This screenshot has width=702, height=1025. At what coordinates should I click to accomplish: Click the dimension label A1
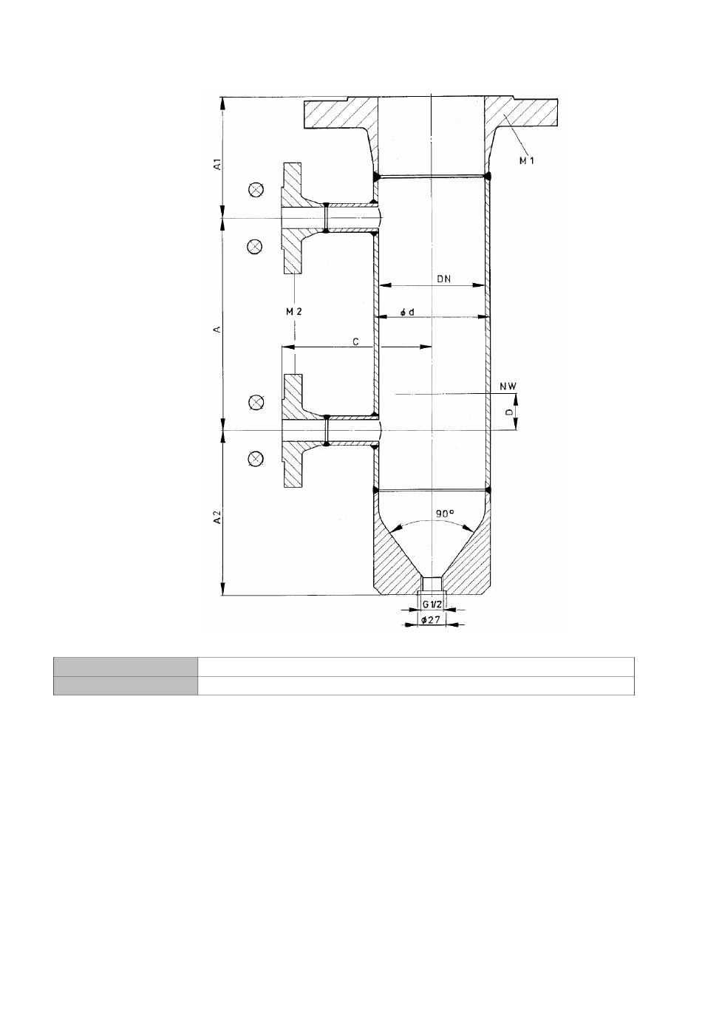coord(219,164)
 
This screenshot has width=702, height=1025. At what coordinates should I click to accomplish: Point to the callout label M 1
coord(527,160)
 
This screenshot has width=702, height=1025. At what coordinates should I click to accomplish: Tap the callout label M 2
coord(294,312)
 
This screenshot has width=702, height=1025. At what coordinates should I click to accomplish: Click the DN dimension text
coord(443,279)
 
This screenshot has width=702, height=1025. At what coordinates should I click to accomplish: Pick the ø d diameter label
coord(407,312)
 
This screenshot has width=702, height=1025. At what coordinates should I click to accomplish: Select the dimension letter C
coord(355,342)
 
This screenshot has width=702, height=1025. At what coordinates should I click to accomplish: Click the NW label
coord(508,386)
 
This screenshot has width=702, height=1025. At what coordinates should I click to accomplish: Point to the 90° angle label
coord(444,514)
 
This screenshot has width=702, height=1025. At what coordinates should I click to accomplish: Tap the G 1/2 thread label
coord(432,604)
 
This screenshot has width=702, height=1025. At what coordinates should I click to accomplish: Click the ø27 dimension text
coord(430,620)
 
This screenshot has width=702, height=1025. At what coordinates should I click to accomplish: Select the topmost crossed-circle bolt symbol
coord(256,189)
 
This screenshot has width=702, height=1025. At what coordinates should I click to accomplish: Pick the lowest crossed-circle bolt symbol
coord(256,458)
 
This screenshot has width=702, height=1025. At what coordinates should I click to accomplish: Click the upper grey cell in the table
coord(126,667)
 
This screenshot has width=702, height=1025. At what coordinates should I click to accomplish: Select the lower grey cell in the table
coord(126,686)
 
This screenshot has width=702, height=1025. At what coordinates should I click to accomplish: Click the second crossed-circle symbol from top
coord(255,247)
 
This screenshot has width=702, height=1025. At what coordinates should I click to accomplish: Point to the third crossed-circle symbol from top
coord(256,402)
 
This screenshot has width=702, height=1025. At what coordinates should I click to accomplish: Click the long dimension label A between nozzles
coord(218,329)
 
